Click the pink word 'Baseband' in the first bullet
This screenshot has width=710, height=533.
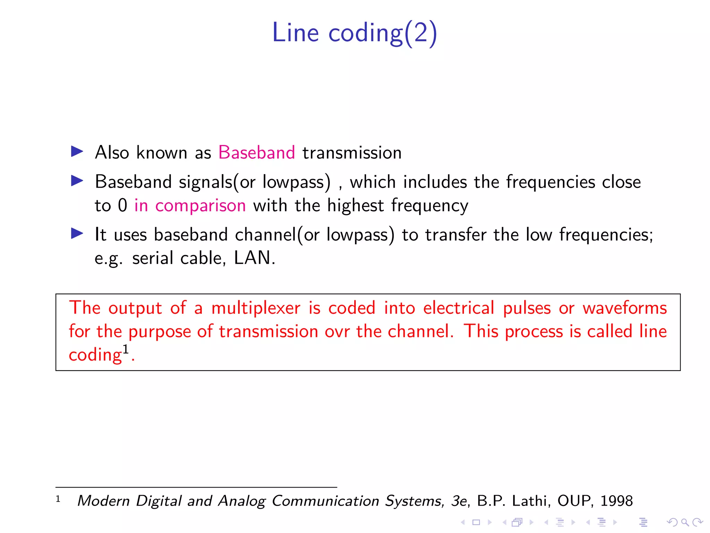[x=257, y=153]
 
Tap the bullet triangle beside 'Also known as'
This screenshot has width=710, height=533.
[x=77, y=151]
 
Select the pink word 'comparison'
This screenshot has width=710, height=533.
[x=200, y=206]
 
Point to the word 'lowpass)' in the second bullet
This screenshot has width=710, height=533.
[x=296, y=182]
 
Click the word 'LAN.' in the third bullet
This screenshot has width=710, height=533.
[x=255, y=258]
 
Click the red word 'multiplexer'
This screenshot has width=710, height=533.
[x=256, y=308]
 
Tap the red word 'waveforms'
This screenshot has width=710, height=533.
[x=625, y=308]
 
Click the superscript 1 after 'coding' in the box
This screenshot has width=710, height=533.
[x=125, y=349]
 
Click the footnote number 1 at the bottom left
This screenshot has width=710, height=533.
[x=58, y=499]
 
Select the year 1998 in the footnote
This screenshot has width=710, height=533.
[x=616, y=501]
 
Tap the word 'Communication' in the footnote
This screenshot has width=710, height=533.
[x=325, y=501]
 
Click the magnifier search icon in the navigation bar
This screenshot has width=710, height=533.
[x=685, y=522]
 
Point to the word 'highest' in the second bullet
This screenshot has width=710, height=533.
[x=355, y=205]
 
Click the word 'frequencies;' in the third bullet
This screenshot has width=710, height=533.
[x=606, y=235]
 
